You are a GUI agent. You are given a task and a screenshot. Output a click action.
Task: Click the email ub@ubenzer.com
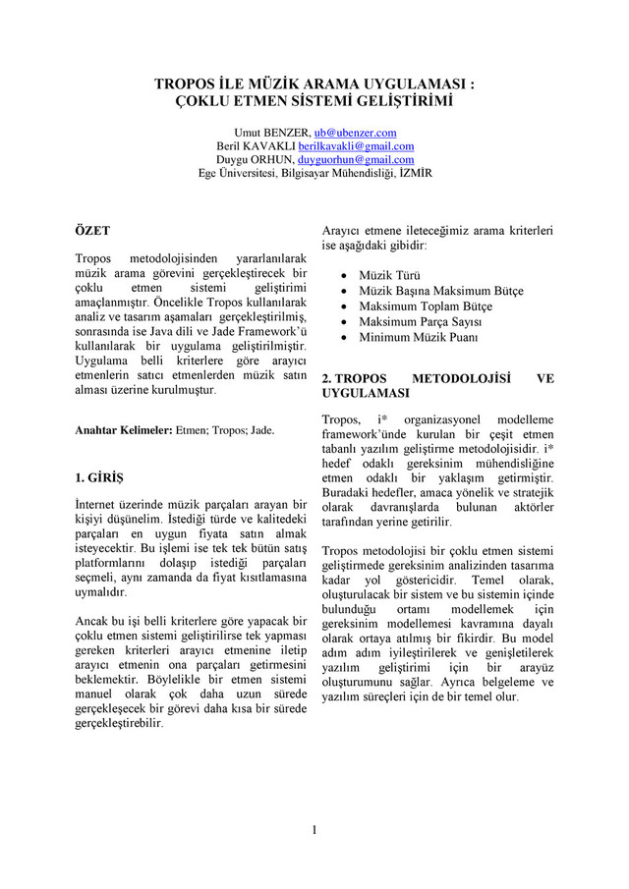(x=355, y=132)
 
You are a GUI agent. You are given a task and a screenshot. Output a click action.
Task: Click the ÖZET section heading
(x=92, y=230)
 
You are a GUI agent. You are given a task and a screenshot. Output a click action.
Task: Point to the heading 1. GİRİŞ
(x=100, y=478)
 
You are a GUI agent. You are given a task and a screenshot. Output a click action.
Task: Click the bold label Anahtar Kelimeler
(x=123, y=430)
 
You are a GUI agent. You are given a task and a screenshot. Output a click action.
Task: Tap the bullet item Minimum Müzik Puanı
(x=418, y=337)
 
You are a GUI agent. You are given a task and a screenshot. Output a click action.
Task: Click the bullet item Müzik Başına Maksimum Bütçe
(x=440, y=292)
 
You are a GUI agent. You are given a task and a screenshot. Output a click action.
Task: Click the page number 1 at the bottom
(x=314, y=830)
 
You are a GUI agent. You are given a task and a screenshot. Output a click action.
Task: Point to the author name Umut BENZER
(x=269, y=132)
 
